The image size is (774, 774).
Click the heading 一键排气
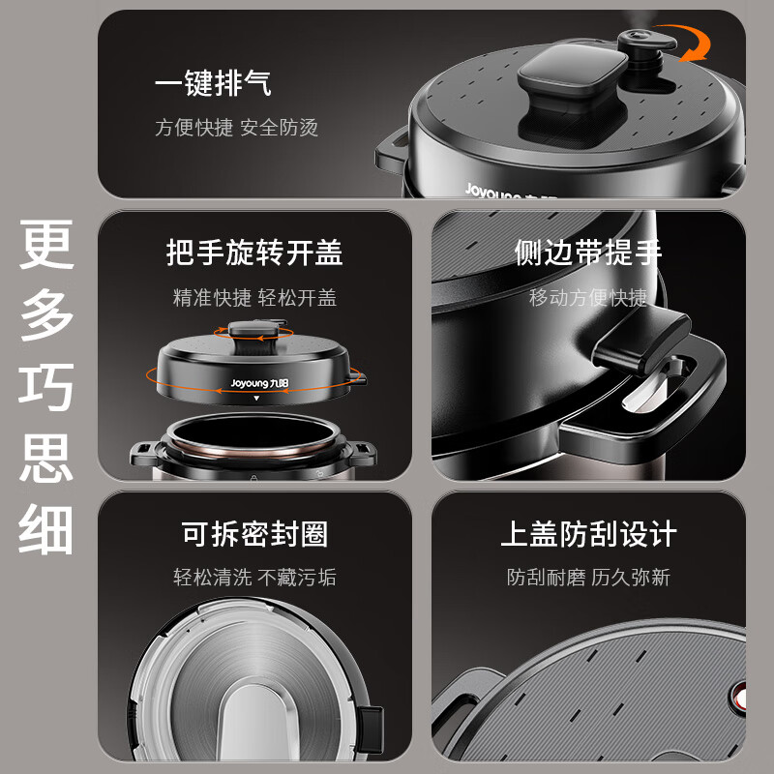point(213,83)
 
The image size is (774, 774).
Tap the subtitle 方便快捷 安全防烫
point(236,128)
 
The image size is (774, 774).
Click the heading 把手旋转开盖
point(254,253)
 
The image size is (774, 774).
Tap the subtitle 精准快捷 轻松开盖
point(254,298)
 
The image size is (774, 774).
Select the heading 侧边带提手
point(588,253)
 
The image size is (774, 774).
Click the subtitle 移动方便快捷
point(588,298)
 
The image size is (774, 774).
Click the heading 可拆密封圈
point(254,533)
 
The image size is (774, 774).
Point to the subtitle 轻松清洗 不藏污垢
point(254,578)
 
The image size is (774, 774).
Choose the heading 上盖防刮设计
point(588,533)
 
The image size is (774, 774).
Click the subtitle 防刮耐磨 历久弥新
point(588,578)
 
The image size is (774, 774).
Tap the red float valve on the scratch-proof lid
point(740,697)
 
